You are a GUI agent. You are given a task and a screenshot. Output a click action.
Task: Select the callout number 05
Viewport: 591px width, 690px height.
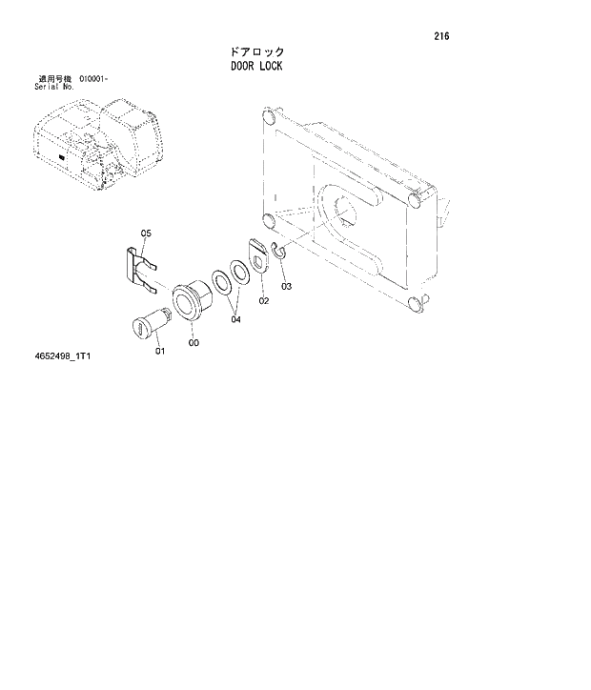pos(146,232)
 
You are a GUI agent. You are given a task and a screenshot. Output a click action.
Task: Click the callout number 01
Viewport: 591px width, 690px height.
pos(159,351)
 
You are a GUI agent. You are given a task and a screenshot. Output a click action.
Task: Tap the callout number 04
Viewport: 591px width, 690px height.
pos(235,320)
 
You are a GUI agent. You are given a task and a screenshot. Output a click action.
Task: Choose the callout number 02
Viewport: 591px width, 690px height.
pos(263,300)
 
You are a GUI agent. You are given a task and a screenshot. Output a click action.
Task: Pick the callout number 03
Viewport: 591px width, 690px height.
pos(285,286)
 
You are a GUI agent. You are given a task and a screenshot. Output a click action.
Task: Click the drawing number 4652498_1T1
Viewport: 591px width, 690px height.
pos(65,357)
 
